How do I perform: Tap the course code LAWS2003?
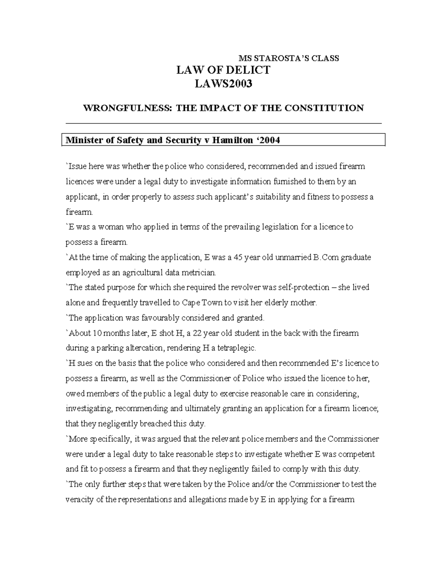[x=223, y=84]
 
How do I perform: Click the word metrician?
[x=199, y=273]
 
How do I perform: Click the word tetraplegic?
[x=237, y=348]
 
